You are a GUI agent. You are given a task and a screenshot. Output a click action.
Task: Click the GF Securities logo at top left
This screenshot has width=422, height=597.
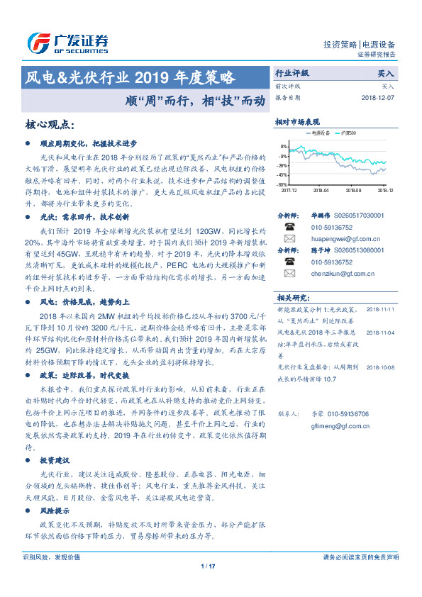click(x=67, y=43)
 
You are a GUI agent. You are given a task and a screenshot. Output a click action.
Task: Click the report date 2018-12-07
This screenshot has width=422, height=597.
click(x=375, y=98)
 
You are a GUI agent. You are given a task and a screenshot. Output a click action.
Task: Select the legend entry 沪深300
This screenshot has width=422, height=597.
click(x=348, y=133)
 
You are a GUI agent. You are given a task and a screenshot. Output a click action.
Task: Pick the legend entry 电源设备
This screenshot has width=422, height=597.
click(x=319, y=133)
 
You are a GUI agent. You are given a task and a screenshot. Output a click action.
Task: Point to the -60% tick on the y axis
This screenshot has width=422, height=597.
click(x=282, y=184)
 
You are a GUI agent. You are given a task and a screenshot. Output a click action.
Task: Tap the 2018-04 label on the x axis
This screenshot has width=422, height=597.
click(x=321, y=191)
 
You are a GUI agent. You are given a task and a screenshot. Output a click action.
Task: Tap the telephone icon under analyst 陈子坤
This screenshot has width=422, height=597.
click(x=289, y=261)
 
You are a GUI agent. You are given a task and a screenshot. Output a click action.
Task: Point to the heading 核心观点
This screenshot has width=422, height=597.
click(x=50, y=125)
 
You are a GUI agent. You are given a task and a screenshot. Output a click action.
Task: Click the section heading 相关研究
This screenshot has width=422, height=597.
click(x=293, y=297)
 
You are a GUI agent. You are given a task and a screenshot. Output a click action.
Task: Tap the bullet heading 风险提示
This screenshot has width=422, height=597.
click(x=56, y=510)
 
